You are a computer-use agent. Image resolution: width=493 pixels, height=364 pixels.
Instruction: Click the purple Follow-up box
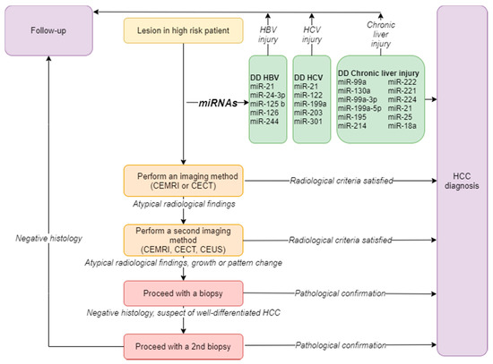click(48, 30)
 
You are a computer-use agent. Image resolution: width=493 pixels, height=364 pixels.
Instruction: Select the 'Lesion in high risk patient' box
click(183, 30)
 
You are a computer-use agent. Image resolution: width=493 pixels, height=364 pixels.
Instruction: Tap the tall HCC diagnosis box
click(462, 181)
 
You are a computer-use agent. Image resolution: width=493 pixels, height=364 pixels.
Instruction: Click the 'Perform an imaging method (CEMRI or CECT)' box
click(183, 181)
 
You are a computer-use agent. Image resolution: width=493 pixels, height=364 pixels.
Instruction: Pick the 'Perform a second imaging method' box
click(183, 240)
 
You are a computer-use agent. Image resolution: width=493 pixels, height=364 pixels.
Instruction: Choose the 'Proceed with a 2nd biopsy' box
click(183, 346)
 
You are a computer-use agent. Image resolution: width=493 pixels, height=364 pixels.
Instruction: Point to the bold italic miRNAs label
click(218, 103)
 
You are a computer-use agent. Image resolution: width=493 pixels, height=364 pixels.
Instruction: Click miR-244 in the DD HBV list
click(264, 122)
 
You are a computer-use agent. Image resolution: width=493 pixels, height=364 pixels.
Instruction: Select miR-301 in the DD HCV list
click(308, 122)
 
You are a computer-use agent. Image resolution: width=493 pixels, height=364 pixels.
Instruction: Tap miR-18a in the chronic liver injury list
click(402, 126)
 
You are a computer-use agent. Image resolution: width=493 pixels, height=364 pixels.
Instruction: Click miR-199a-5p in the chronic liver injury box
click(359, 108)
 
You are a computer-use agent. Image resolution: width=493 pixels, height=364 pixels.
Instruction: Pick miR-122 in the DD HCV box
click(308, 95)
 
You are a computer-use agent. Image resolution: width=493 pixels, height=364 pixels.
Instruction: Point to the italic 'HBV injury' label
click(268, 35)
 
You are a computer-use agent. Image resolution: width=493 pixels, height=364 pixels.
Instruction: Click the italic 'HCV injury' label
click(312, 35)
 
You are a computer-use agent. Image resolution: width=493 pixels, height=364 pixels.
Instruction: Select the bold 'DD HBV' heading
click(264, 78)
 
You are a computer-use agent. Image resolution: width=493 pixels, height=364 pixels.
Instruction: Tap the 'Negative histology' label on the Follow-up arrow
click(48, 239)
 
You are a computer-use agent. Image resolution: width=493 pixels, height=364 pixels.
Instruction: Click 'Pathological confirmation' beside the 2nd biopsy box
click(341, 345)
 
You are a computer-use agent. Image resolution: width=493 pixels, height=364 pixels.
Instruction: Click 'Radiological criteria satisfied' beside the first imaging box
click(342, 181)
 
